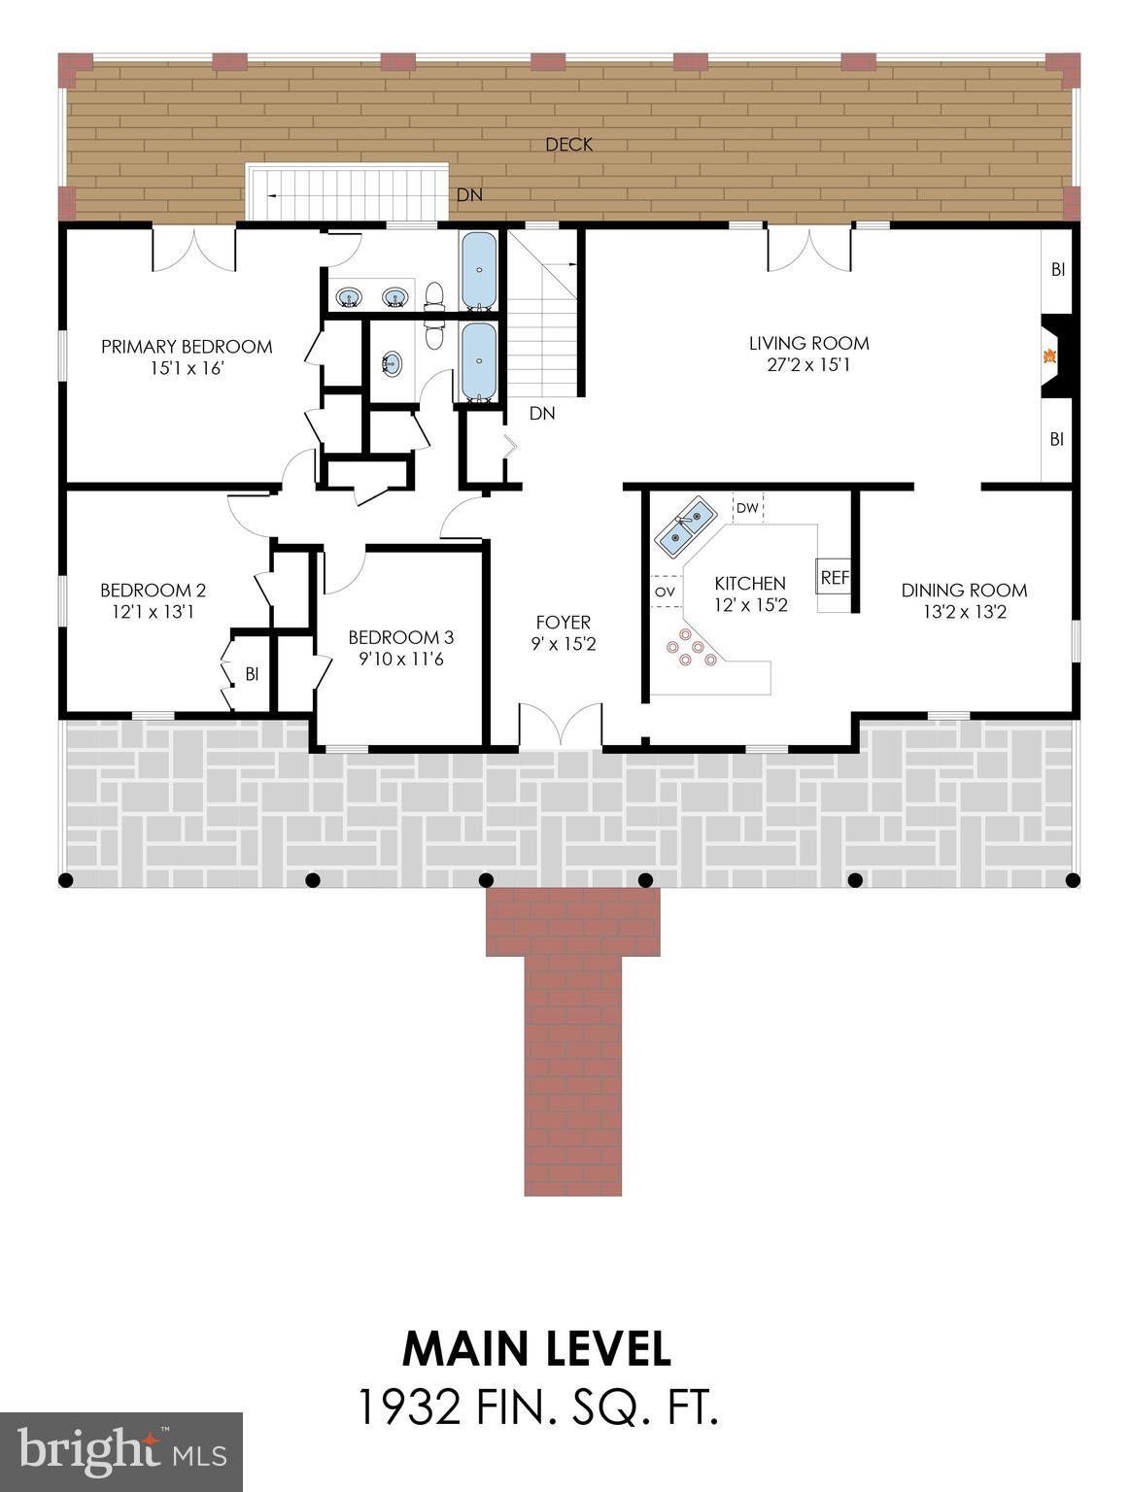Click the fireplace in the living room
pos(1055,356)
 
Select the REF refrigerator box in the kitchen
pos(834,577)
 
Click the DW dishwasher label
pos(746,508)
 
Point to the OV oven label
pos(665,592)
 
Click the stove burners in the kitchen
pos(691,649)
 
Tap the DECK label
pos(568,145)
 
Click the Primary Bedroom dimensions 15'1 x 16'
pos(187,369)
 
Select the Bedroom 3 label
pos(400,637)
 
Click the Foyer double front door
pos(560,727)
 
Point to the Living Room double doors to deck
pos(809,249)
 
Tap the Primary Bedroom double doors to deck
pos(193,250)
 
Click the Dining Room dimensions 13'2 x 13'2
pos(963,612)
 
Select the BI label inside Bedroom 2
pos(252,673)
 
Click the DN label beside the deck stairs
pos(469,195)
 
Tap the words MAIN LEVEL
pos(536,1349)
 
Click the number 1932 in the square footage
pos(409,1407)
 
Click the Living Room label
pos(808,343)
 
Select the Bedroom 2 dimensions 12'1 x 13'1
pos(153,612)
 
